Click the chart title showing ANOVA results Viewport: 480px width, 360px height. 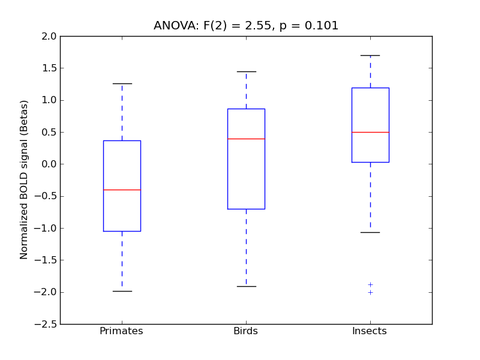[246, 26]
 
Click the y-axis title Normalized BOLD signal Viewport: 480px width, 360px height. [24, 180]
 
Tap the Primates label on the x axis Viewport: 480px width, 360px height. [121, 331]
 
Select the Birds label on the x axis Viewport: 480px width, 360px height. [245, 331]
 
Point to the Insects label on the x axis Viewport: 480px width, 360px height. [369, 331]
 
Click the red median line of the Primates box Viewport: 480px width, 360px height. [122, 190]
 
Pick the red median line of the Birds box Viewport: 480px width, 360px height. [246, 139]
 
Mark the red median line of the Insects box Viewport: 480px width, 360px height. [370, 132]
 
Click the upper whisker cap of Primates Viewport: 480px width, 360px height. [122, 83]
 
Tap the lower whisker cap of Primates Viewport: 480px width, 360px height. [122, 291]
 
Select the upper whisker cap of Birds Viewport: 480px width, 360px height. [246, 71]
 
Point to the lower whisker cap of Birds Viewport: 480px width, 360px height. [246, 286]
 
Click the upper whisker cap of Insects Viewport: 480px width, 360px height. [370, 55]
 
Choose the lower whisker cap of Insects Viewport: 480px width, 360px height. [370, 232]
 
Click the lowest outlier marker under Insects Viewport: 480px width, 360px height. [370, 292]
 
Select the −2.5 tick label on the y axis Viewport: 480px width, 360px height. [47, 324]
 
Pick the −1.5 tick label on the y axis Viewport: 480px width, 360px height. [47, 260]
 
